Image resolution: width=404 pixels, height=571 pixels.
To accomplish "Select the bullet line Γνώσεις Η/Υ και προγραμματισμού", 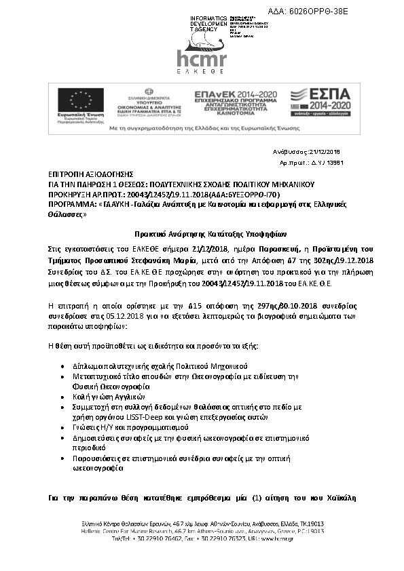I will (128, 428).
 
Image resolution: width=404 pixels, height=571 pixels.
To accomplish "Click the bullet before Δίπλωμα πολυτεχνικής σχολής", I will (63, 365).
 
